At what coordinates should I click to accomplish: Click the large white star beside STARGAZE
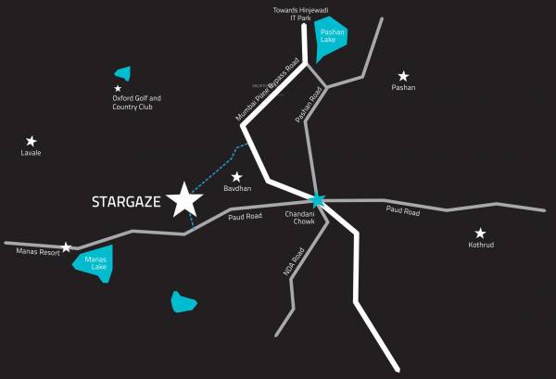[185, 199]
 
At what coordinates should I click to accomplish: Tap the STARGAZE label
[127, 201]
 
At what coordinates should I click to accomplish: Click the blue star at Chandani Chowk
[318, 199]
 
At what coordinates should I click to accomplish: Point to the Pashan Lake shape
[329, 40]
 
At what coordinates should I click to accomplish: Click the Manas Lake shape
[95, 262]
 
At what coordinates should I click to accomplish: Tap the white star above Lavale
[31, 141]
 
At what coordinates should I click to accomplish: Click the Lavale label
[31, 153]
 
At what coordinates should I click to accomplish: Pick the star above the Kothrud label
[480, 234]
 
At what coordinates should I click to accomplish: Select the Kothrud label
[480, 246]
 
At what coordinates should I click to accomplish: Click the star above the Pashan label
[403, 76]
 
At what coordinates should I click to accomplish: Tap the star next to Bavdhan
[236, 176]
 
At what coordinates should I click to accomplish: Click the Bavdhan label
[237, 188]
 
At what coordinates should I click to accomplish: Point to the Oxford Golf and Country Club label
[137, 102]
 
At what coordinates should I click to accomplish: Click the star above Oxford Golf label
[118, 88]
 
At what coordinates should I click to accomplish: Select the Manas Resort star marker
[66, 247]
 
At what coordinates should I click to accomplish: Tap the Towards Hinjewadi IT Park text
[286, 12]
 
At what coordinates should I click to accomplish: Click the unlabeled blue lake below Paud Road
[184, 302]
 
